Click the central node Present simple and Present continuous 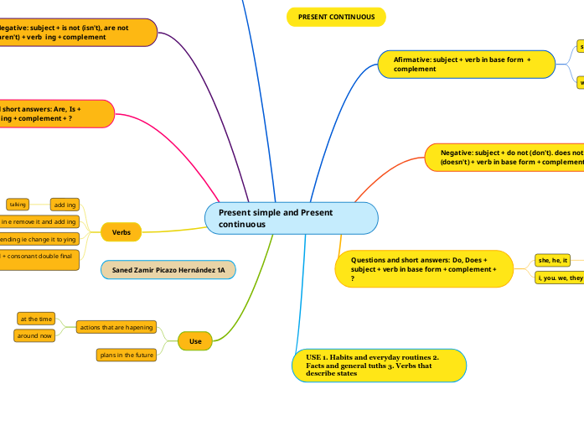click(x=291, y=218)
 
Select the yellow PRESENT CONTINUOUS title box click(x=336, y=17)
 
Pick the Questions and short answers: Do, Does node click(x=424, y=268)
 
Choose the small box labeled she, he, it click(x=553, y=260)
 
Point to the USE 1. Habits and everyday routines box click(x=379, y=366)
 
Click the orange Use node click(x=195, y=341)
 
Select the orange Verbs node click(x=121, y=231)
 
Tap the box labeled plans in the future click(x=127, y=355)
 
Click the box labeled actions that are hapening click(x=116, y=327)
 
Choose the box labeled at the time click(x=36, y=319)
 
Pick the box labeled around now click(x=35, y=335)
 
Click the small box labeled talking click(x=18, y=204)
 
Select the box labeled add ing click(x=65, y=205)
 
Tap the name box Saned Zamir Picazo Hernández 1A click(x=168, y=270)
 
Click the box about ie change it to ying click(x=39, y=239)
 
